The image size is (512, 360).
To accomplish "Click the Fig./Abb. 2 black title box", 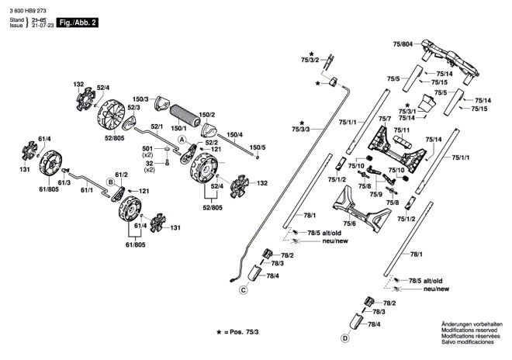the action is (78, 22).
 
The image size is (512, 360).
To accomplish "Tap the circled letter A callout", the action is (182, 140).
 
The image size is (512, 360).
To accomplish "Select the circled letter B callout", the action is (111, 182).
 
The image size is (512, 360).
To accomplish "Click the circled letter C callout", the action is (243, 289).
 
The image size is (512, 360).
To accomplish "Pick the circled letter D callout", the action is (344, 338).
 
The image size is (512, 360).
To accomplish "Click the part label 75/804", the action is (403, 44).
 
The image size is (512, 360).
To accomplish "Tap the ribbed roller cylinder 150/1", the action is (185, 116).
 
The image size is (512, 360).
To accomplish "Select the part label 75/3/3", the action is (301, 130).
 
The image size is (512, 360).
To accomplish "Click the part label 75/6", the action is (349, 223).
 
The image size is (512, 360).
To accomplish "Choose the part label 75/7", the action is (385, 119).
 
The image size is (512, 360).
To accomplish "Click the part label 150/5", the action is (258, 147).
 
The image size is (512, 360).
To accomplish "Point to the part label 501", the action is (147, 149).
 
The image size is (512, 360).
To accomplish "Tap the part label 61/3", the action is (64, 182).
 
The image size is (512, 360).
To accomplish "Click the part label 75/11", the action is (402, 130).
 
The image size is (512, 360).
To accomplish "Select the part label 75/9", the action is (375, 195).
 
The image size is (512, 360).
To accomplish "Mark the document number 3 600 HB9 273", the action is (28, 11).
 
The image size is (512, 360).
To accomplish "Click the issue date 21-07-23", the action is (43, 25).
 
